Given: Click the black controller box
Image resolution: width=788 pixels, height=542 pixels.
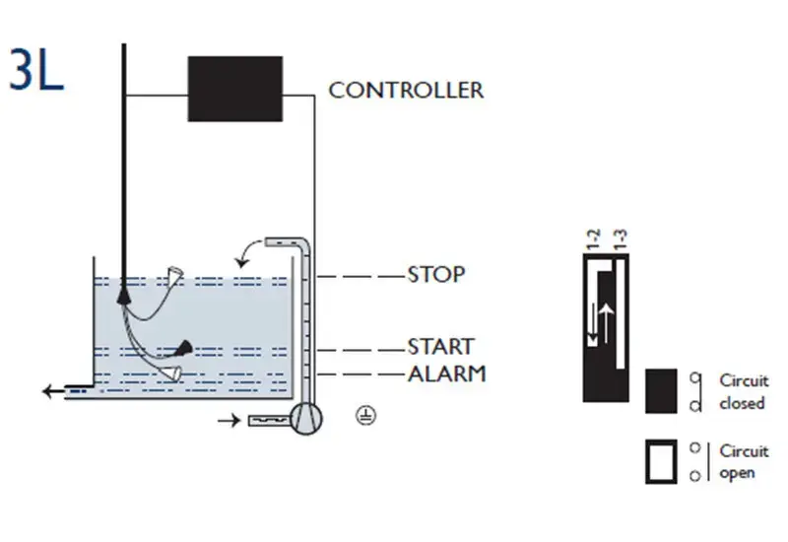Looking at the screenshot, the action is point(235,89).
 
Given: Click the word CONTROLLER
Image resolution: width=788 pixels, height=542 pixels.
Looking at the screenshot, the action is point(406,91).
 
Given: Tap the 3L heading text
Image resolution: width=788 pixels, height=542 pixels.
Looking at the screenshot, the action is point(36,69).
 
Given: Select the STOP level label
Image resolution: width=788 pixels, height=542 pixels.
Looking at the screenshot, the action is point(435,275).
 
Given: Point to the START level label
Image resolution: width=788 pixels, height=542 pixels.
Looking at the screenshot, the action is point(440,347).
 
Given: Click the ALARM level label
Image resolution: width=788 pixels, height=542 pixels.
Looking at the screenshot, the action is point(447,374).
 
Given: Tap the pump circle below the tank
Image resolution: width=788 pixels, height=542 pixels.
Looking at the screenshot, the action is point(306,418).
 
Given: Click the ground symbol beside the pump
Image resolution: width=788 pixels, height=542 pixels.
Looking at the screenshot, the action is point(365,416).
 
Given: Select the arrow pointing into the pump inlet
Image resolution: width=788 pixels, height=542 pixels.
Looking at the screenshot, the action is point(230,421).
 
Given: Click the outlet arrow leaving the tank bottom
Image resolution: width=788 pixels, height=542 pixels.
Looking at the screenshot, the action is point(54,390).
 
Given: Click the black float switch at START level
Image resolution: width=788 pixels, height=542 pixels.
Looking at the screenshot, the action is point(184,348).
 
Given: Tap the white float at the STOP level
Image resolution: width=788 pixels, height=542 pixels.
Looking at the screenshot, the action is point(175,276).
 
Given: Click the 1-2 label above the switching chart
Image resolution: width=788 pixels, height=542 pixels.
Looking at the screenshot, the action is point(594,239).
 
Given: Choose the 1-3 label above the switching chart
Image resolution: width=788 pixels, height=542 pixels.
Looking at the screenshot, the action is point(621,239).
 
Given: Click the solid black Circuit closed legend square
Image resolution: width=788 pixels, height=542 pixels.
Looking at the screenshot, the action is point(661,391).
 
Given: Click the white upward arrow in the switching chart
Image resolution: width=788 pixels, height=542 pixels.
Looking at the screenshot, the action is point(607,322).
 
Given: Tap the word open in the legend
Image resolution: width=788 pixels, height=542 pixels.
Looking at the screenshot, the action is point(737,474).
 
